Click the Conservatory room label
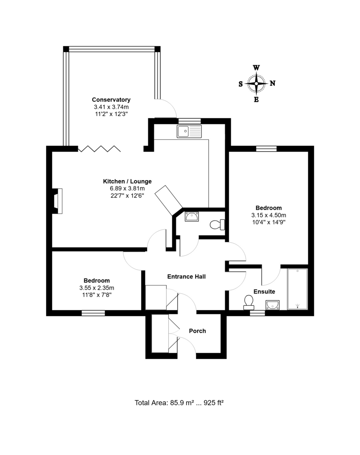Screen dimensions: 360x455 [x=111, y=100]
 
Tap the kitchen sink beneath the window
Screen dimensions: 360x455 [x=189, y=131]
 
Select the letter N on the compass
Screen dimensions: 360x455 [x=272, y=83]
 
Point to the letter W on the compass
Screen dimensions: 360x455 [x=256, y=68]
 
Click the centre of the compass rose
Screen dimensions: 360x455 [x=256, y=84]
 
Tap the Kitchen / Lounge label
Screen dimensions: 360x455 [x=127, y=181]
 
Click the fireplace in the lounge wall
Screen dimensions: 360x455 [x=57, y=201]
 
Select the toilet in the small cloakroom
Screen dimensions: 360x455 [x=217, y=224]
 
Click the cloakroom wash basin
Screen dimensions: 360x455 [x=192, y=217]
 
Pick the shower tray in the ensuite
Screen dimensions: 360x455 [x=297, y=289]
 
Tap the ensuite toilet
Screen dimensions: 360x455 [x=249, y=303]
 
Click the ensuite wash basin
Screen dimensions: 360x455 [x=273, y=305]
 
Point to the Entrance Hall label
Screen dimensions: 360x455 [x=186, y=276]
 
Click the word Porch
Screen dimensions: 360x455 [x=197, y=331]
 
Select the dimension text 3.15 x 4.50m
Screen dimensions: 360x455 [x=269, y=215]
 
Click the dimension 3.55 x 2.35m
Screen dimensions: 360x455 [x=97, y=288]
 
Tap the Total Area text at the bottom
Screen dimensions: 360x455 [x=179, y=403]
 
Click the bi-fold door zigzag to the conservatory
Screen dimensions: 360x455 [x=99, y=149]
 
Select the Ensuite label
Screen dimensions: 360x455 [x=264, y=292]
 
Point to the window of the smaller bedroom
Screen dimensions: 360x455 [x=93, y=313]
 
